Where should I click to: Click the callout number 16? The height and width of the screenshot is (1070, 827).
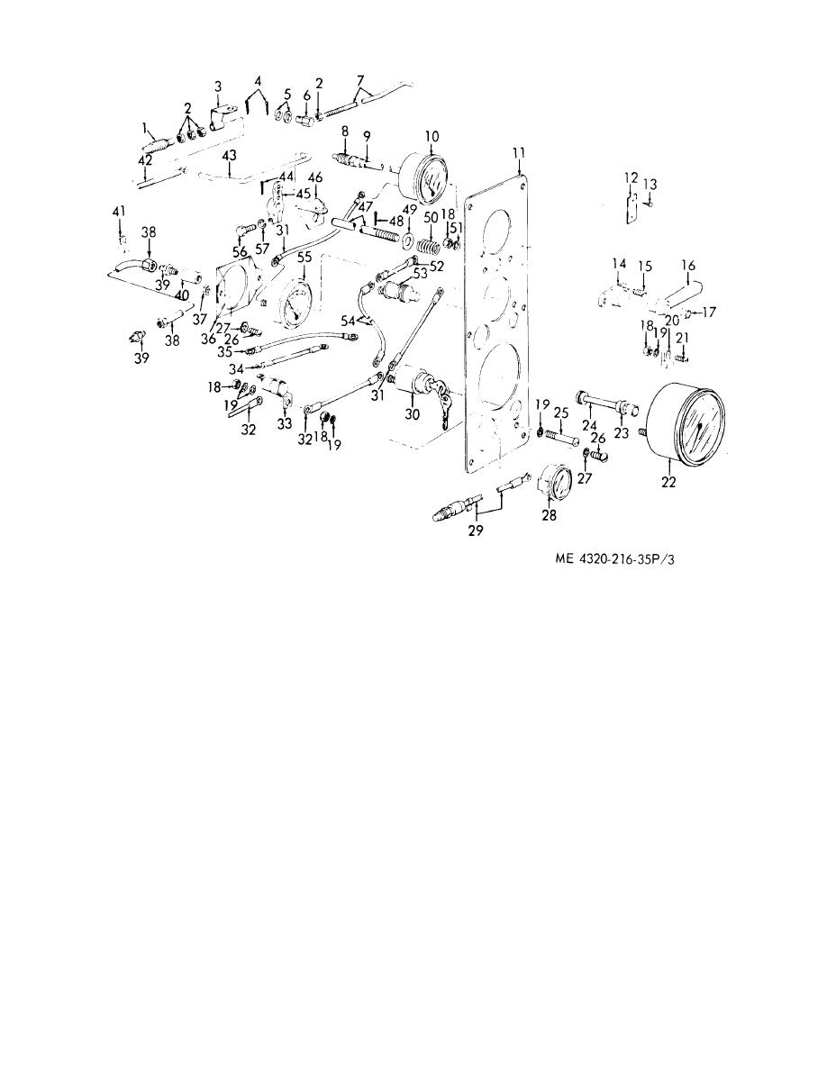click(x=687, y=266)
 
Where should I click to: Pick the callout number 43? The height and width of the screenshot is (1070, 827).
click(x=229, y=157)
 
